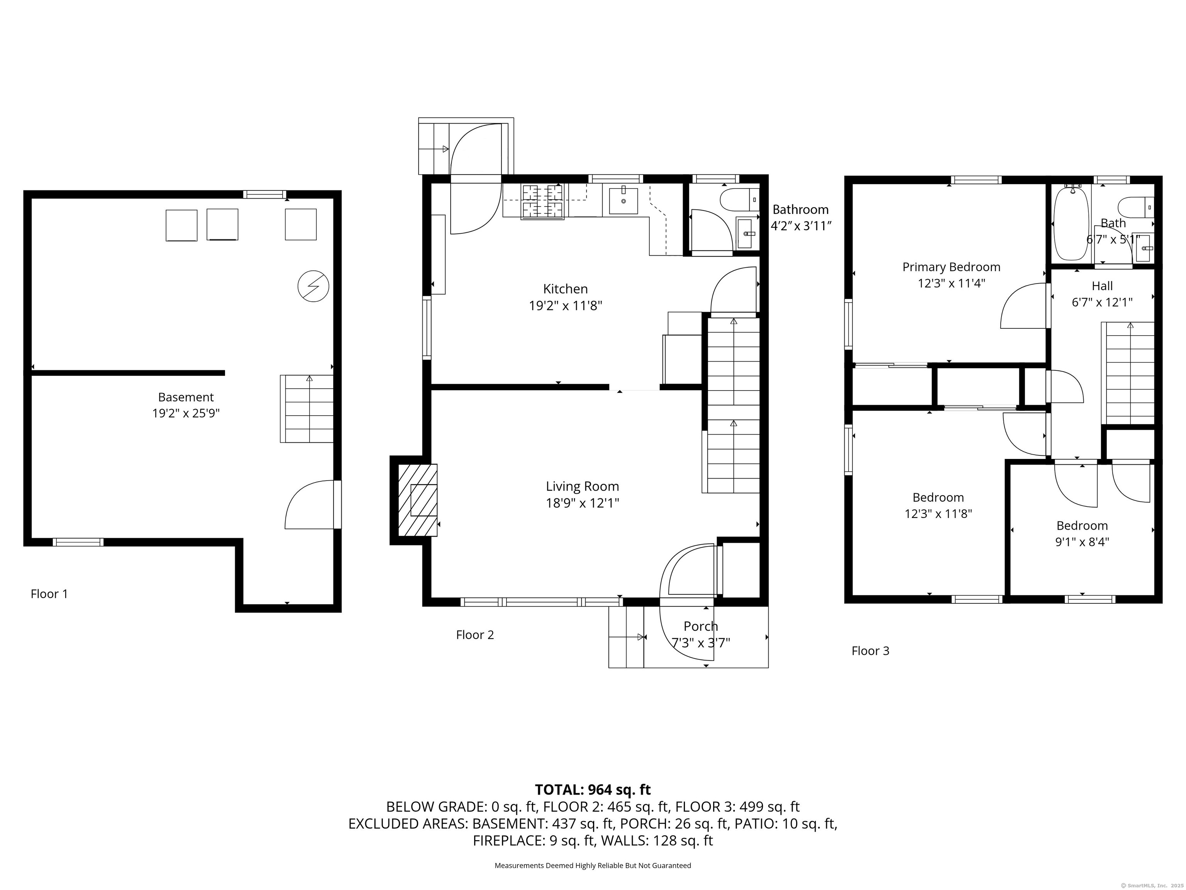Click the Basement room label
(186, 397)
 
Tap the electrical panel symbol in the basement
(313, 286)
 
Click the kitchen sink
(623, 200)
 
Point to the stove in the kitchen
(543, 201)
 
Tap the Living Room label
(582, 486)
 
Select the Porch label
(701, 626)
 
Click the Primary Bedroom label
(951, 267)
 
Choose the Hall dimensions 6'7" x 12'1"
(1102, 302)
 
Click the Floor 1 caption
(49, 594)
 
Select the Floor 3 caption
(870, 651)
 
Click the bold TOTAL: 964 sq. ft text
(593, 790)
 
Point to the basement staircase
(307, 409)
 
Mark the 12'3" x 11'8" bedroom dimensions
(938, 514)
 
